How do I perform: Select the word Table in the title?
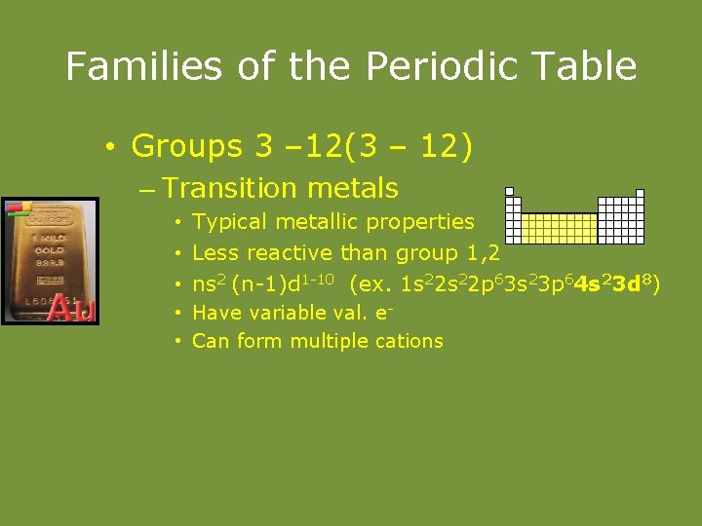[x=588, y=66]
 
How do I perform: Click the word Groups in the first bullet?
[x=186, y=146]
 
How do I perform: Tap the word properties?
[x=421, y=223]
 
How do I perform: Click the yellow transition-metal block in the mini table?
[x=557, y=227]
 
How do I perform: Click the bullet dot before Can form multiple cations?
[x=179, y=341]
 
